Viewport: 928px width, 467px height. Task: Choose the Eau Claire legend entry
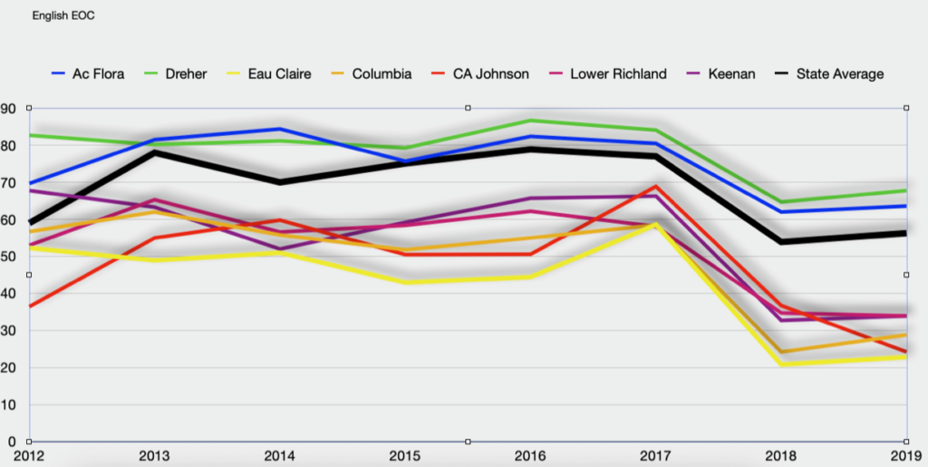(x=279, y=73)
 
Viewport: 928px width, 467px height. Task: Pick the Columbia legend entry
(x=382, y=73)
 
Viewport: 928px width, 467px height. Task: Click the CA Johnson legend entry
(x=490, y=73)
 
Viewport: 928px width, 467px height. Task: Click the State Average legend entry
(x=839, y=73)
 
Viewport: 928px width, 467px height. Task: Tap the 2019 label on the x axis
(x=905, y=455)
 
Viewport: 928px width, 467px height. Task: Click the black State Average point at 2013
(x=155, y=152)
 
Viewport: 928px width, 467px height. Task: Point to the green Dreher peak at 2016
(x=530, y=121)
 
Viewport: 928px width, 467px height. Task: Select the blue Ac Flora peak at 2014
(x=280, y=129)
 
